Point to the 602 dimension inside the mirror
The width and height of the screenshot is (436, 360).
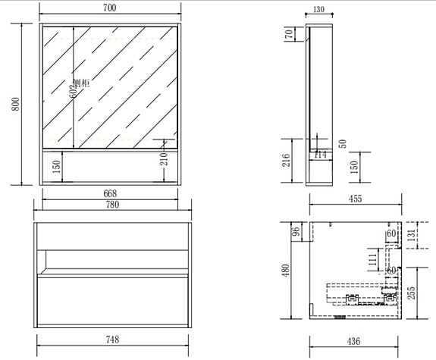[74, 92]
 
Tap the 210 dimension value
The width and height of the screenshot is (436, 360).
[163, 160]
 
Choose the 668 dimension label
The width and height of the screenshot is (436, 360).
[109, 193]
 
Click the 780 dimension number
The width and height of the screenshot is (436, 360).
[109, 204]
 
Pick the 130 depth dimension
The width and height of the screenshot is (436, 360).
[318, 11]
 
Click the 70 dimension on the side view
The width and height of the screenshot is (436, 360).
[288, 35]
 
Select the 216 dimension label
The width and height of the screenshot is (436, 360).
[285, 161]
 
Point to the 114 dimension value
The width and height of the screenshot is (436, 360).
[319, 155]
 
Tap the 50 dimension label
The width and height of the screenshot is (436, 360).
[343, 142]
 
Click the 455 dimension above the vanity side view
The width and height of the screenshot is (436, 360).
[354, 199]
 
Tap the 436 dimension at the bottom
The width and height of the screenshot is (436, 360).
[354, 342]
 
